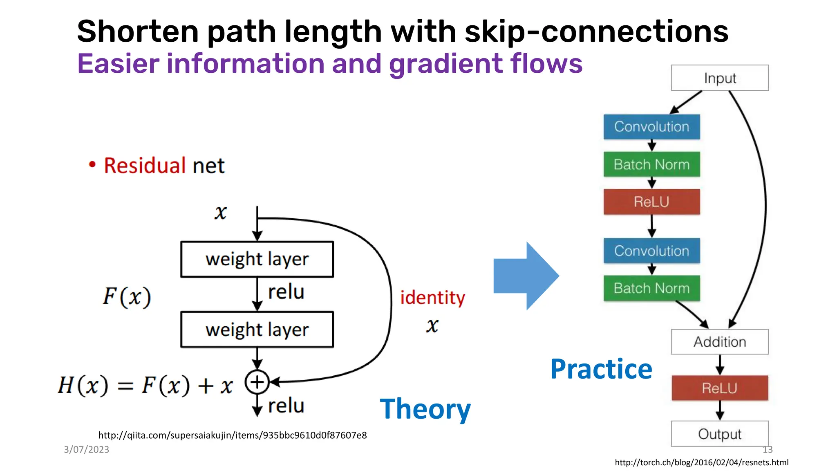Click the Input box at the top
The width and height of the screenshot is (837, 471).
coord(719,78)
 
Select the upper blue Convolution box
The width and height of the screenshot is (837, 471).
coord(651,127)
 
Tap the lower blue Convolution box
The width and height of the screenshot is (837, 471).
coord(651,251)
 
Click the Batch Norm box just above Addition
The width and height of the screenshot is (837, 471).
coord(651,288)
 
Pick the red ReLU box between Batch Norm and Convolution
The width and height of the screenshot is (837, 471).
coord(651,202)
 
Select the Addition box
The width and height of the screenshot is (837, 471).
coord(719,342)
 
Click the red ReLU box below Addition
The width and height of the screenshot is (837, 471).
coord(719,388)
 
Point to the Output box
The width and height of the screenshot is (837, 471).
coord(719,434)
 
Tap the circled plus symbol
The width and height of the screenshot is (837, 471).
coord(257,382)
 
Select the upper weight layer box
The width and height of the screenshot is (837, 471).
coord(257,259)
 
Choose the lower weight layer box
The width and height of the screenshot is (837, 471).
coord(257,330)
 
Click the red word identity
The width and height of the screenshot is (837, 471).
coord(432,297)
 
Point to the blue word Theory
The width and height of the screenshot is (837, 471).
coord(425,409)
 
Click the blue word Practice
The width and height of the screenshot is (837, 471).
coord(601,369)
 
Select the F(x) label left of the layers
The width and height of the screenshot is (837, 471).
coord(127,297)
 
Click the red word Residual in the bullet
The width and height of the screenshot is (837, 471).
coord(145,166)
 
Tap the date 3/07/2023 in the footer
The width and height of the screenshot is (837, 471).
coord(86,449)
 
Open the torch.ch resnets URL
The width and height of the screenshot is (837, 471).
coord(701,462)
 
